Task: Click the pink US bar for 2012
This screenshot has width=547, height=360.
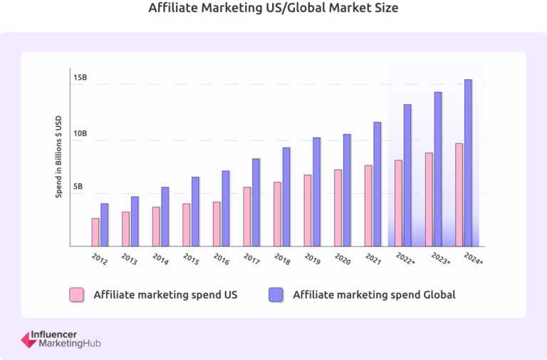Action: coord(95,232)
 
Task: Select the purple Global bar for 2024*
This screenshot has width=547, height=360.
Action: coord(468,163)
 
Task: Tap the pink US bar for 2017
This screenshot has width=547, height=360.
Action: coord(247,217)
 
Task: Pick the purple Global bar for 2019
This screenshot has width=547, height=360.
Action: coord(316,192)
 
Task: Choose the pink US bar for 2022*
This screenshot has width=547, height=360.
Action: coord(399,203)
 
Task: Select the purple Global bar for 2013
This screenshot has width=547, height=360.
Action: coord(135,221)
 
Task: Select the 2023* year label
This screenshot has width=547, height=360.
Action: coord(440,259)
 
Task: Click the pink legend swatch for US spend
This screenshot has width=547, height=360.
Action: coord(77,294)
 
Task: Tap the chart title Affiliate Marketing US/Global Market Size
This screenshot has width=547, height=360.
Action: coord(273,9)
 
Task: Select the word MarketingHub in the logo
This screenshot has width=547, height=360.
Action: coord(70,344)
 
